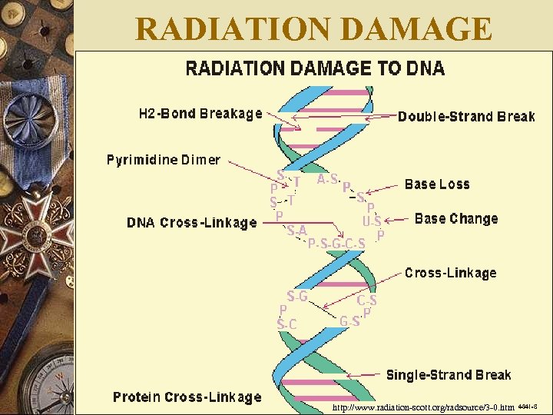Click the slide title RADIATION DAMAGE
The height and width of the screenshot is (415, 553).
[x=313, y=29]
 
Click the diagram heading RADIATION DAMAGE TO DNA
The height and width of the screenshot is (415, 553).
[x=315, y=68]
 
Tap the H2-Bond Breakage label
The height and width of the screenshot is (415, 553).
[x=200, y=114]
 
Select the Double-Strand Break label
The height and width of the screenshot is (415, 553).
[x=466, y=117]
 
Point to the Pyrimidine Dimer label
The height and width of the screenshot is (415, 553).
[x=163, y=160]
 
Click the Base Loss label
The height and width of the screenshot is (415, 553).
[x=436, y=184]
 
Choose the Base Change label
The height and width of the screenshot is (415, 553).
[x=456, y=218]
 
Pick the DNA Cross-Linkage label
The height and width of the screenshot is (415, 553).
[x=192, y=223]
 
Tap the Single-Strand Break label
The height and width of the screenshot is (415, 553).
[x=448, y=375]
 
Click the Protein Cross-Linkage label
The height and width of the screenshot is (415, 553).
[x=187, y=397]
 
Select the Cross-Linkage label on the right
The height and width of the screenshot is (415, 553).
[x=450, y=273]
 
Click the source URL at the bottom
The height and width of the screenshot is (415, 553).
[x=423, y=406]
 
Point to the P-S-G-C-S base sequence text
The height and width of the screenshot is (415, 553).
[x=336, y=244]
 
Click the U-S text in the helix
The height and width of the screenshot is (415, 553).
[x=372, y=221]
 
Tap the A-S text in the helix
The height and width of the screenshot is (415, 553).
[x=327, y=179]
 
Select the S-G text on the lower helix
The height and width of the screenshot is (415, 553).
[x=297, y=296]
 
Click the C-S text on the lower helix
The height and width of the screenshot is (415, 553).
[x=366, y=300]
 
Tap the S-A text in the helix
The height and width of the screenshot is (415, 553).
[x=296, y=230]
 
